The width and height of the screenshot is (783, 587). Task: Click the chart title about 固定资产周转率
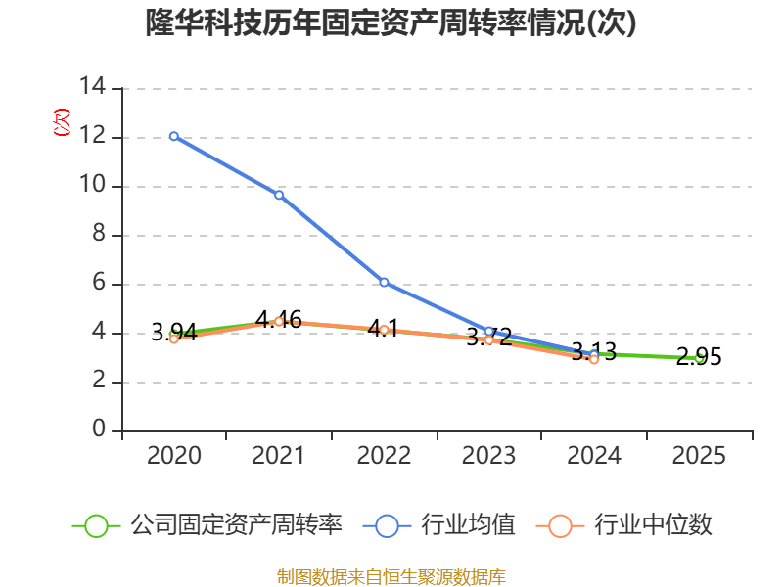point(391,23)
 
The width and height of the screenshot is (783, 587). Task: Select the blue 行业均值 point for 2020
point(174,136)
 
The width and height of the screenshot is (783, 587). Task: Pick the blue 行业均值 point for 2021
point(279,195)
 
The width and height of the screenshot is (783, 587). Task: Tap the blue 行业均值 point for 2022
point(384,283)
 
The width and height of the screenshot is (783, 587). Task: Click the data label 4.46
point(279,320)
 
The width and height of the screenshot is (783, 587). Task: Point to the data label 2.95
point(699,356)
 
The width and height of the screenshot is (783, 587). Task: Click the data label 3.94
point(174,332)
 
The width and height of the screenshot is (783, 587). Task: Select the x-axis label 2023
point(488,455)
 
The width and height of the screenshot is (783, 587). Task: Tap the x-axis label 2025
point(699,455)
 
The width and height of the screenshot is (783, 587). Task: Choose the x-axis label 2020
point(174,455)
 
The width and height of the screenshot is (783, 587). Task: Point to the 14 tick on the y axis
point(92,86)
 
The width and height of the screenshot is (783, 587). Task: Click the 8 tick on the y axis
point(99,233)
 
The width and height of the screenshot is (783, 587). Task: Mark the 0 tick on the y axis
point(99,429)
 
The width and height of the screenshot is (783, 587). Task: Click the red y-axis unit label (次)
point(62,122)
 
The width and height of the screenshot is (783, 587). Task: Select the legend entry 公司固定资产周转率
point(207,525)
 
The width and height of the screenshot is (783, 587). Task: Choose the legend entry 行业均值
point(438,525)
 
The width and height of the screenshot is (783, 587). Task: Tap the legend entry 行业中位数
point(623,525)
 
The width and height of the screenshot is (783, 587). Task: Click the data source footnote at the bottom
point(391,577)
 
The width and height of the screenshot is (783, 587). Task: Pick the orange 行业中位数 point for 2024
point(594,359)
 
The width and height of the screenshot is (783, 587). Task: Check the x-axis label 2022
point(384,455)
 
